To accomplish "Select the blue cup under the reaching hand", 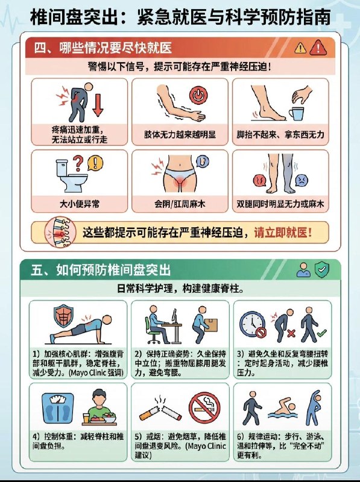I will coord(294,114).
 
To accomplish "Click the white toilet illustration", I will coord(65,174).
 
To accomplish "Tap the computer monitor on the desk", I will coord(174,319).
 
